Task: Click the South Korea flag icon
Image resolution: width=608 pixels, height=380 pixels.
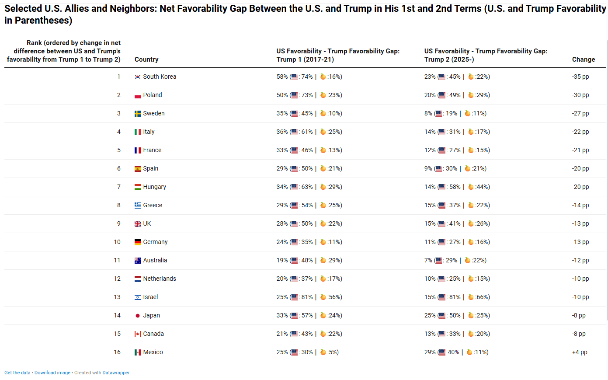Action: click(x=138, y=77)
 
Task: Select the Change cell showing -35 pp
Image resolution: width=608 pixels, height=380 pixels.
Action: click(x=580, y=77)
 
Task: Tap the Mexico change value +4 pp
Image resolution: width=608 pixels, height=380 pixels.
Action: click(x=580, y=352)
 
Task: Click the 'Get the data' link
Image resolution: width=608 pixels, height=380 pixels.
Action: click(x=17, y=373)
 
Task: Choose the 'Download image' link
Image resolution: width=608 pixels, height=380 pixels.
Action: click(x=52, y=373)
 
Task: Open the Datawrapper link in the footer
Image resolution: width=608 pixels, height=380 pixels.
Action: click(x=116, y=373)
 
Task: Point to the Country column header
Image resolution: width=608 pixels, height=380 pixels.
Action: click(x=146, y=59)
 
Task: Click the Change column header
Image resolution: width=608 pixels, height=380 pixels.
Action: click(x=583, y=59)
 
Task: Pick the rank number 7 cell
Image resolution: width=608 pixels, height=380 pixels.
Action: click(x=118, y=187)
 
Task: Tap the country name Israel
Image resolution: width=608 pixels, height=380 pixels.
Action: click(x=150, y=297)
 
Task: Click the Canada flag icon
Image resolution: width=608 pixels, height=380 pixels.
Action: click(x=138, y=334)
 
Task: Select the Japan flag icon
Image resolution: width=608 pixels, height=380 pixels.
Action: click(x=138, y=316)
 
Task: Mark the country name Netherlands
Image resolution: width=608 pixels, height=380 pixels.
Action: click(x=160, y=279)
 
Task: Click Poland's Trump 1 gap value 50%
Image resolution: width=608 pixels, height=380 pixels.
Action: click(x=282, y=95)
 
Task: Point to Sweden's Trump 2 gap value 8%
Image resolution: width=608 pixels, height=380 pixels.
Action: click(x=428, y=114)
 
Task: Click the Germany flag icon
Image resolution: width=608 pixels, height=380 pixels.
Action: click(x=138, y=242)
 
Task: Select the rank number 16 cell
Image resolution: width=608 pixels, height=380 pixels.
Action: click(x=117, y=352)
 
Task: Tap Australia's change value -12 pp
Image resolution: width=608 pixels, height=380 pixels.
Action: click(x=580, y=261)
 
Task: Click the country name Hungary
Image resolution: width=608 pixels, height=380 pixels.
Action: click(x=154, y=187)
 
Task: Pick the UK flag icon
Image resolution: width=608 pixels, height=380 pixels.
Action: click(x=138, y=224)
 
